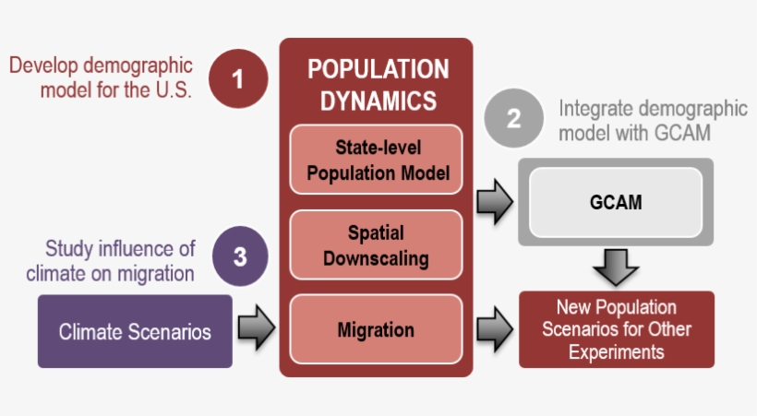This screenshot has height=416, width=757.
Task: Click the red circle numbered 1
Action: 238,78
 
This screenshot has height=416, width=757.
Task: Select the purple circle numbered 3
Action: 240,256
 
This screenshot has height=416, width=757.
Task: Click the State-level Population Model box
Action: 376,160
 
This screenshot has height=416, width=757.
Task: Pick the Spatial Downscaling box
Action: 376,244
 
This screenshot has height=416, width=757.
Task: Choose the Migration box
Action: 376,329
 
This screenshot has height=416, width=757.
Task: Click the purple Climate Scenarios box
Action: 135,331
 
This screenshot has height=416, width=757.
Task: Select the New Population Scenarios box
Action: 616,329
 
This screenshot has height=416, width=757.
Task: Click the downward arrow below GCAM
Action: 615,267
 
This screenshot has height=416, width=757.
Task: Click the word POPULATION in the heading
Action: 378,69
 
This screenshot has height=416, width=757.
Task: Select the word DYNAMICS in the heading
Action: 378,101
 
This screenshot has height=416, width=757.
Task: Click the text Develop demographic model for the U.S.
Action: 102,77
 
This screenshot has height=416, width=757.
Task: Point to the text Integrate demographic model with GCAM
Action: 652,121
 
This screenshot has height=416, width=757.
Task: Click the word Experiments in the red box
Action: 616,351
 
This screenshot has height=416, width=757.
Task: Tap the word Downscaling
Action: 376,257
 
